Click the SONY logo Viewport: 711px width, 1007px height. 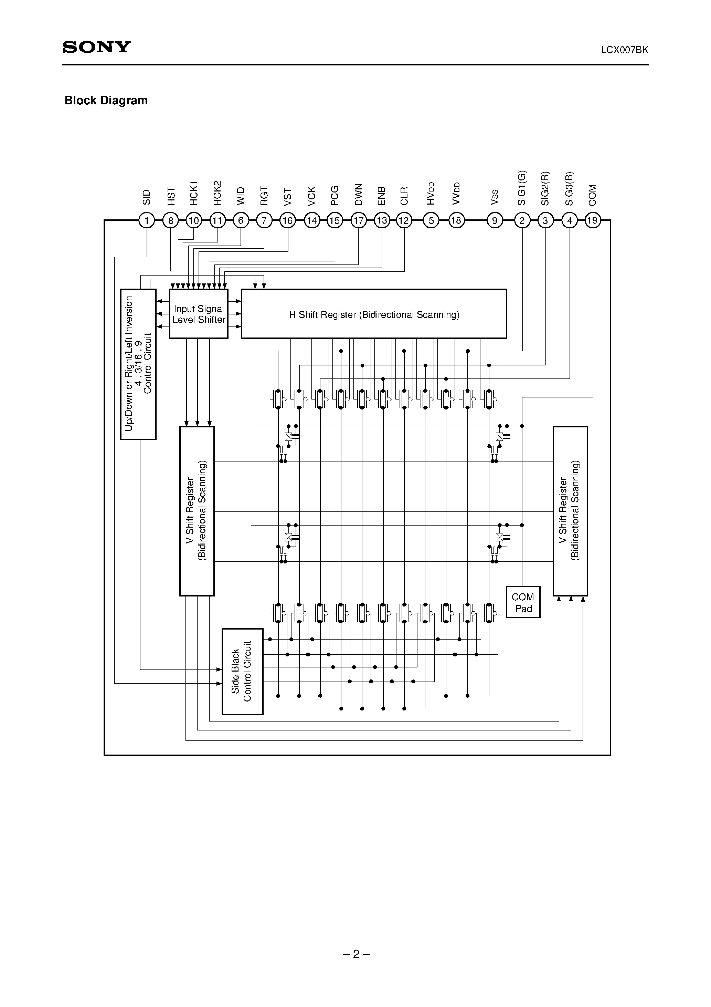point(97,47)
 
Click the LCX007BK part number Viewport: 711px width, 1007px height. point(624,50)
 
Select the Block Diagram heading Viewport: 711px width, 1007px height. point(106,101)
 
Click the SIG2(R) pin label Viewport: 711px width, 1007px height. point(545,188)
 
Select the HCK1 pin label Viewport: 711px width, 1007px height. point(194,193)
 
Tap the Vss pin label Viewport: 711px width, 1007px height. point(495,197)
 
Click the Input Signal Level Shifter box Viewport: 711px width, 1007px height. point(199,314)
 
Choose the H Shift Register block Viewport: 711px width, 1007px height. point(374,314)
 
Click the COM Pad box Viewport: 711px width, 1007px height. point(523,603)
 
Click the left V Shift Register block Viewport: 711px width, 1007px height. point(197,511)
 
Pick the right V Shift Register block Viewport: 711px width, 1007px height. point(570,511)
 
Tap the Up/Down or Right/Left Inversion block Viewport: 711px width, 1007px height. point(138,364)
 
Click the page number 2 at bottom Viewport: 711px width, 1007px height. point(356,954)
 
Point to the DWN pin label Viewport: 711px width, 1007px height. point(359,194)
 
